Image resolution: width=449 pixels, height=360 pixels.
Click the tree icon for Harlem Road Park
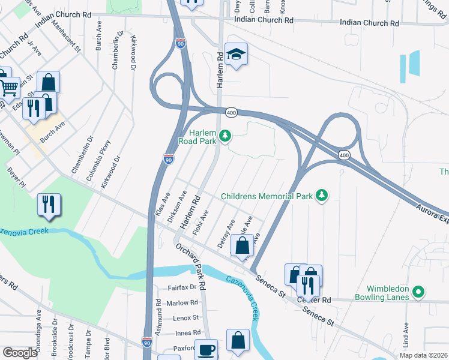tap(225, 137)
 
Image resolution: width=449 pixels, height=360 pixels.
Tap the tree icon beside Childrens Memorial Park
tap(322, 196)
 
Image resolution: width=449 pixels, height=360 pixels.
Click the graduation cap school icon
tap(236, 55)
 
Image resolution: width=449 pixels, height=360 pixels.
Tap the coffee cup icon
tap(208, 350)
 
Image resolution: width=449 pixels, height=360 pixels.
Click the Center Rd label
tap(318, 300)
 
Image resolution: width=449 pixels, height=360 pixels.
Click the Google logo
tap(20, 353)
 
